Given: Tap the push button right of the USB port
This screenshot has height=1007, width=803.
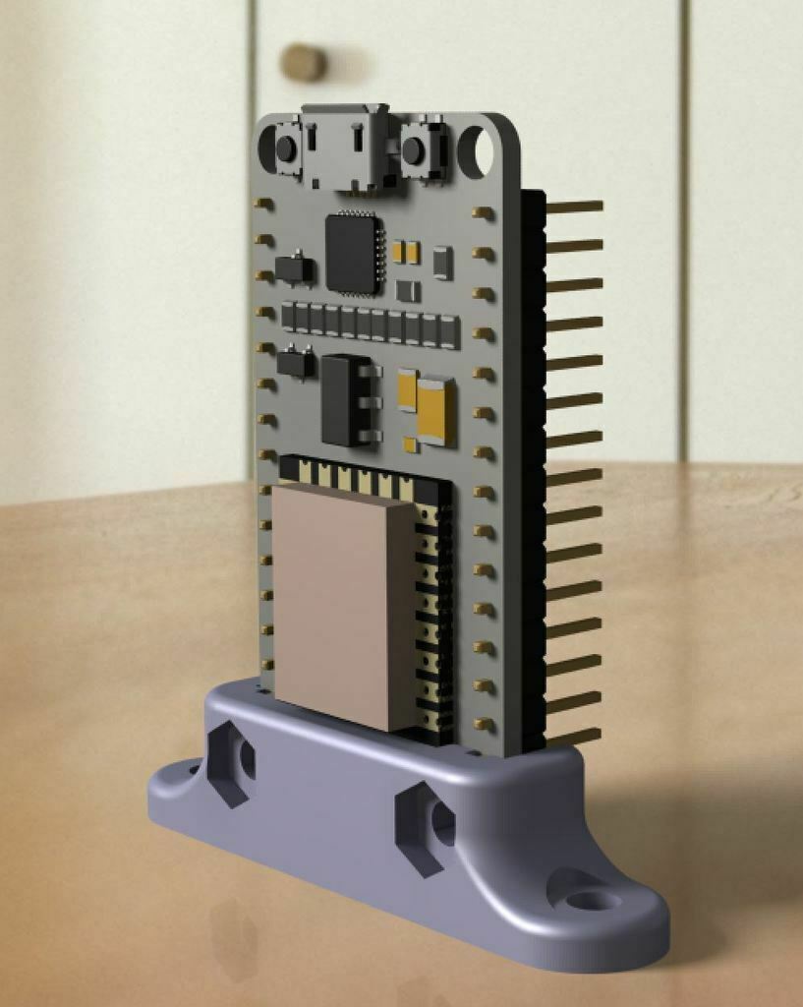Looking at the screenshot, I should point(415,150).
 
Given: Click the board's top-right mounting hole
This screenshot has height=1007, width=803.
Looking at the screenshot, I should point(481,149).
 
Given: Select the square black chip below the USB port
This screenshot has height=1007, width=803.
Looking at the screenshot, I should point(352,254).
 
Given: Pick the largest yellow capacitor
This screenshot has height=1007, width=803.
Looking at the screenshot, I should point(435,411).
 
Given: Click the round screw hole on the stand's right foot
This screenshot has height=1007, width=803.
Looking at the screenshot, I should point(586,899).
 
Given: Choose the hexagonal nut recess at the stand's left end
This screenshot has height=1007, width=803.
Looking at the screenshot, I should point(233,761).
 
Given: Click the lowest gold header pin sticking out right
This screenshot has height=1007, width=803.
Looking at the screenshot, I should point(572,736).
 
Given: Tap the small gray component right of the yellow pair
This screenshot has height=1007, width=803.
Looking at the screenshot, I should point(442,262).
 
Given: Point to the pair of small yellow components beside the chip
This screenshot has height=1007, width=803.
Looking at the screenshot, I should point(406,252).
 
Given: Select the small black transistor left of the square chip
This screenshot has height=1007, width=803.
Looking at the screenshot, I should point(294,268).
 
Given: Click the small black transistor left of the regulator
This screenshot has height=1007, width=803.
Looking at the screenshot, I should point(295,363).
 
